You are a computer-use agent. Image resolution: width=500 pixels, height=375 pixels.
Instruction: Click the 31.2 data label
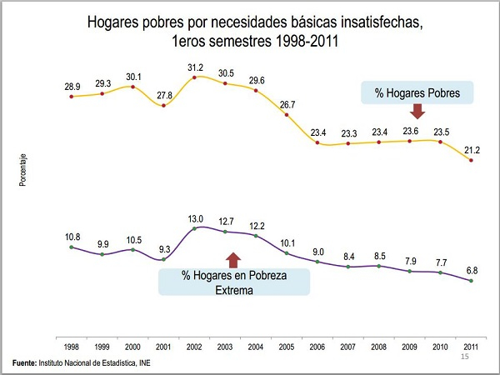point(194,67)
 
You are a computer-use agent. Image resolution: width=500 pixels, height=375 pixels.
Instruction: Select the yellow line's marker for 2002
point(194,77)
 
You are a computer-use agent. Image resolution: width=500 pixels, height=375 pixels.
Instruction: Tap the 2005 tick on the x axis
point(287,345)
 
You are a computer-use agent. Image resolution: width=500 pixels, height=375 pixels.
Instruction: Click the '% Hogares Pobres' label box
point(417,93)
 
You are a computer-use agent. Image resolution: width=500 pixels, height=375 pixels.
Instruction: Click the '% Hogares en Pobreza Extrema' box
point(234,282)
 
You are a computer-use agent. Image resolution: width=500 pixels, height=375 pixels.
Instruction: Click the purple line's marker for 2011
point(472,281)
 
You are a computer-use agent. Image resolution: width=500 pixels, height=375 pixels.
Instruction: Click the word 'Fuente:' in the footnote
point(24,363)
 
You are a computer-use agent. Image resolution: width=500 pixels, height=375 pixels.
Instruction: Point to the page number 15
point(466,357)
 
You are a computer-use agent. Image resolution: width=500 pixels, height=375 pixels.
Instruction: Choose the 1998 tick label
point(72,345)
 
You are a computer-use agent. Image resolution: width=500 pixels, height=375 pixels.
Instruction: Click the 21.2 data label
point(472,149)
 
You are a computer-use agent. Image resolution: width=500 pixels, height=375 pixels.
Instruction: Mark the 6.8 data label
point(472,270)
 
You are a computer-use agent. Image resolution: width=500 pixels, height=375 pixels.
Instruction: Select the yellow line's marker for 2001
point(163,106)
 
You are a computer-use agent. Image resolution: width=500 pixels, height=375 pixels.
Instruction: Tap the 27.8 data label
point(163,96)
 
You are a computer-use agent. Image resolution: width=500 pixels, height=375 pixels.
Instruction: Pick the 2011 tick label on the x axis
point(472,345)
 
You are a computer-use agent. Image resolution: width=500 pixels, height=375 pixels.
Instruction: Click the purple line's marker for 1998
point(72,247)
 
